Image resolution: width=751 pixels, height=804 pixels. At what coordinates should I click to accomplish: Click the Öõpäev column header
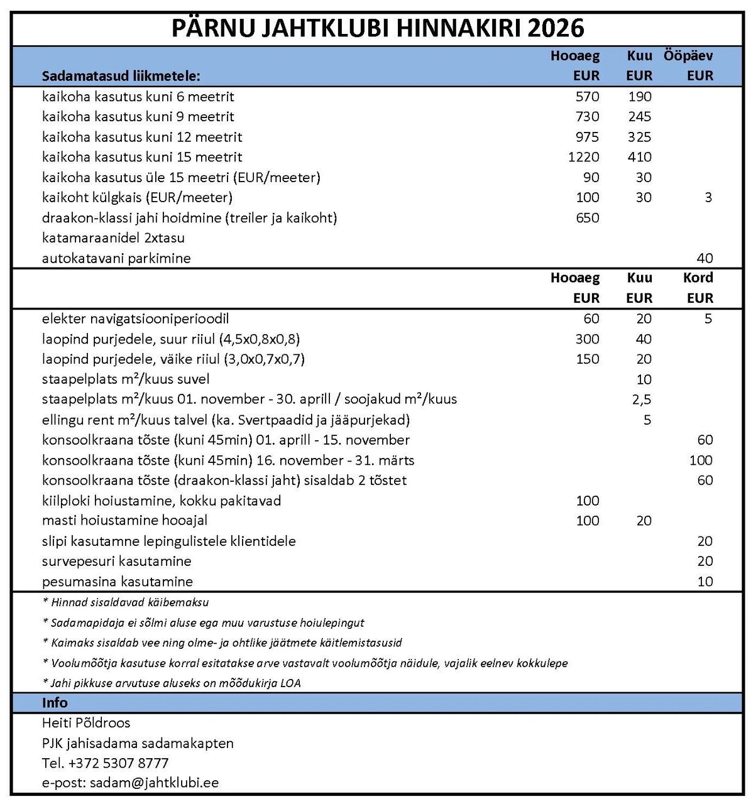[688, 55]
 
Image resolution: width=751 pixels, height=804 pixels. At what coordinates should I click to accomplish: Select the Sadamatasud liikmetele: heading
[121, 76]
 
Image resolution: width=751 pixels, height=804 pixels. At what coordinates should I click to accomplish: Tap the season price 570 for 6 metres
[587, 97]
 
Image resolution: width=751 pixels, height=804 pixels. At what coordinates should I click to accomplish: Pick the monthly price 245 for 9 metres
[639, 117]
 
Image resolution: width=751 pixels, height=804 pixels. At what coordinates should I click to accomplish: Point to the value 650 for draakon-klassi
[587, 218]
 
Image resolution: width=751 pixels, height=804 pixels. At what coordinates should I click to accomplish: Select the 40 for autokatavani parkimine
[704, 258]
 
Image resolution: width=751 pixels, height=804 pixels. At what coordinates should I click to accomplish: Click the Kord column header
[698, 278]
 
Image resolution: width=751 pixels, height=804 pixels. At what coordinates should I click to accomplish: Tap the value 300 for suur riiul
[587, 339]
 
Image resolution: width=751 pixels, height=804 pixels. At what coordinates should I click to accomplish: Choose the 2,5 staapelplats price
[642, 399]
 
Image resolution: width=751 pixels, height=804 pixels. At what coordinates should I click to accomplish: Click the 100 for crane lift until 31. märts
[701, 460]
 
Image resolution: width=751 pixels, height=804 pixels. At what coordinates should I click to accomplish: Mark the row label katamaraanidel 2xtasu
[113, 238]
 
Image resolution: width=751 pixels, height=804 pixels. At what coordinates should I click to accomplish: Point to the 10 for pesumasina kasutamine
[704, 582]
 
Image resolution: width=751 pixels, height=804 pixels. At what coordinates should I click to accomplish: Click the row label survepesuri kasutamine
[116, 562]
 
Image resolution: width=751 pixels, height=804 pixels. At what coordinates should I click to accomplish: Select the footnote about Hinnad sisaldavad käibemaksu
[126, 602]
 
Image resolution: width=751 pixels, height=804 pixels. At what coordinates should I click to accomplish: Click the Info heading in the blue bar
[55, 703]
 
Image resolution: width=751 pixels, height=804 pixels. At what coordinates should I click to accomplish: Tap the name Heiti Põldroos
[86, 723]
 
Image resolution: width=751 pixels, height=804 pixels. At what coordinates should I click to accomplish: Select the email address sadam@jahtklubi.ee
[154, 783]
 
